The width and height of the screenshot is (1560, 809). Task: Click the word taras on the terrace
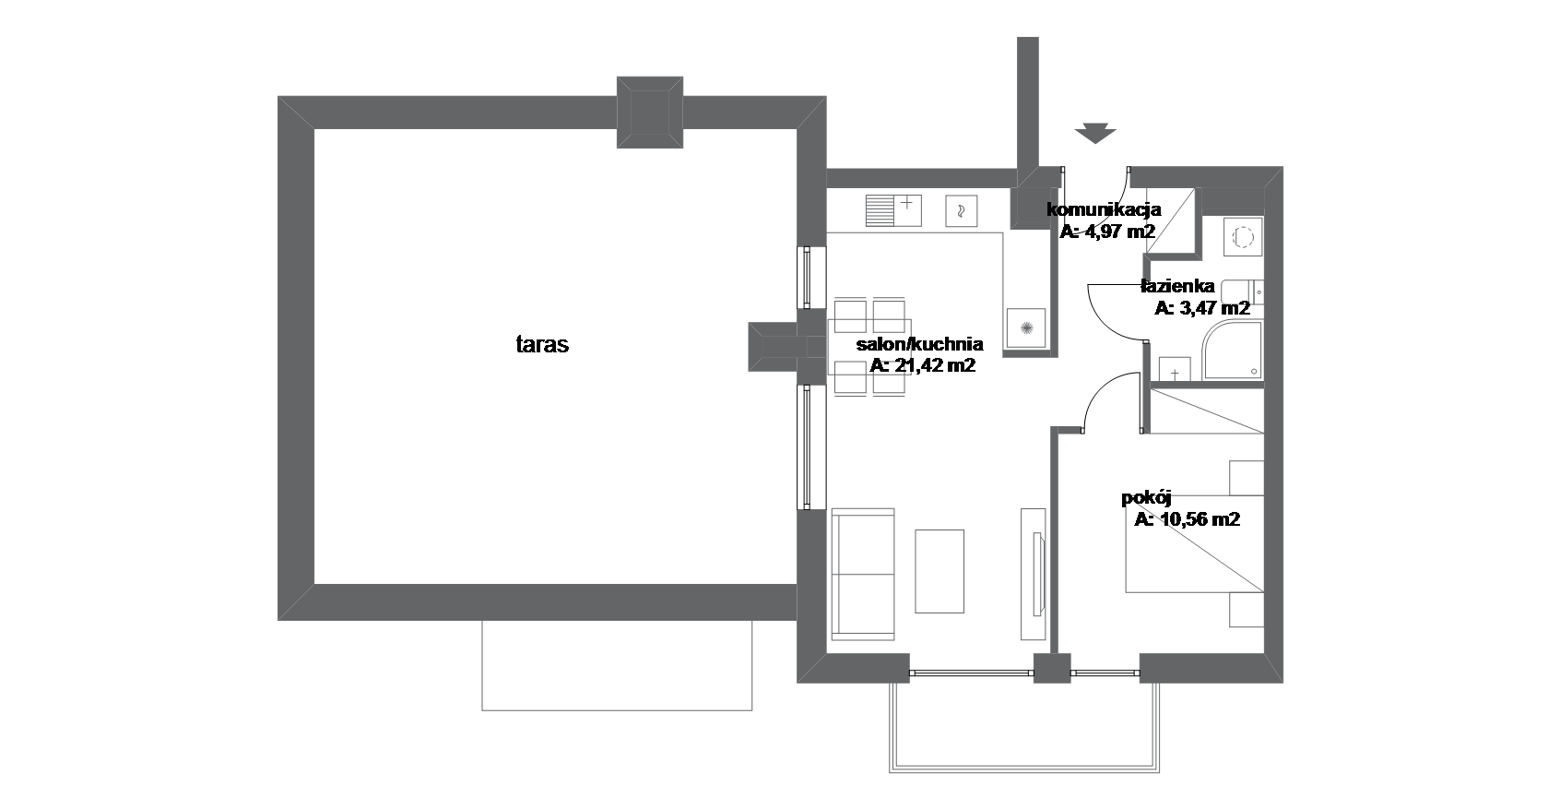[542, 344]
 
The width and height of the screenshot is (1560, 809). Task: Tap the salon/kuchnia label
[919, 344]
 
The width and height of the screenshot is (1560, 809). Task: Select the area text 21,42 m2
[935, 365]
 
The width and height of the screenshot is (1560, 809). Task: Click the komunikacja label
[1104, 209]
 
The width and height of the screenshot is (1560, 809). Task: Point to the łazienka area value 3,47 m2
[1214, 308]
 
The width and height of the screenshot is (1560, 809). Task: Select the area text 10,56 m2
[1200, 520]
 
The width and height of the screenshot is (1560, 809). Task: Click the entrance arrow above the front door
[1095, 134]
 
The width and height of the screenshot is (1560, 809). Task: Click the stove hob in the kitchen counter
[1026, 328]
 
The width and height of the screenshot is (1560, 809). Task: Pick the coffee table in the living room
[940, 571]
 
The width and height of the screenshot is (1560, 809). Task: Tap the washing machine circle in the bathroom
[1244, 238]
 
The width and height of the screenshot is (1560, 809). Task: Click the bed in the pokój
[1194, 544]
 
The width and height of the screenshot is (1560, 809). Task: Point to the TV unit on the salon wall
[1034, 574]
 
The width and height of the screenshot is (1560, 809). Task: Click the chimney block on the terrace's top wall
[650, 113]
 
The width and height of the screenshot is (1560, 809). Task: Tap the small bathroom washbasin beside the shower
[1175, 370]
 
